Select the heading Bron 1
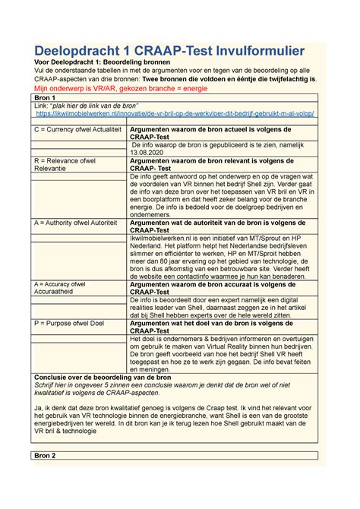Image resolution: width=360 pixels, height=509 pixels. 36,98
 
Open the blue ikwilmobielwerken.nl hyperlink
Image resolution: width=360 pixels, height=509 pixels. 175,114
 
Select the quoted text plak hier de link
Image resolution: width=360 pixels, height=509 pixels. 94,106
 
